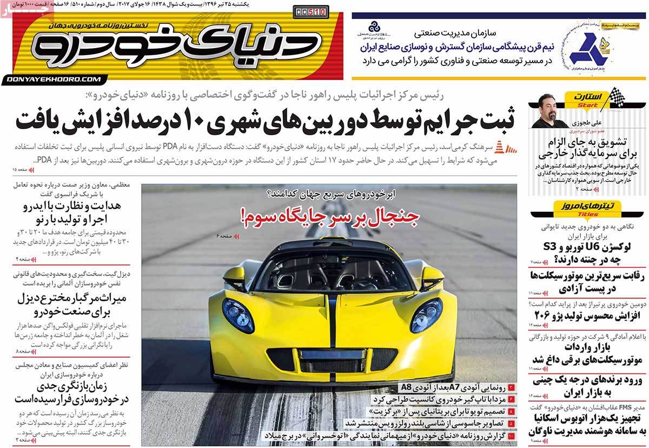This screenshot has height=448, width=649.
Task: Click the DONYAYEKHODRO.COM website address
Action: [55, 79]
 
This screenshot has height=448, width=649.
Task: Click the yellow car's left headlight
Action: [238, 315]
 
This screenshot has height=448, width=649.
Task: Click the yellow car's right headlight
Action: [426, 315]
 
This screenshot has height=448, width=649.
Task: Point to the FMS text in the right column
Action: [626, 406]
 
